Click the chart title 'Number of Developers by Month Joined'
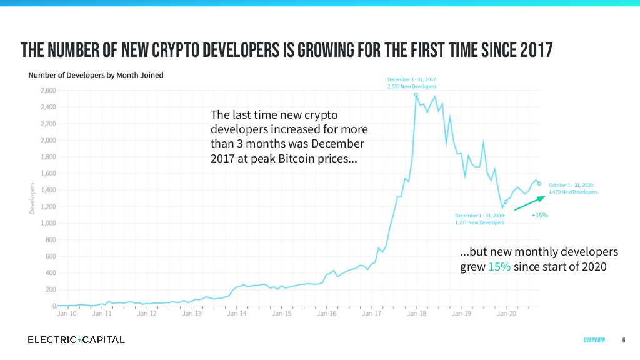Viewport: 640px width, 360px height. [96, 75]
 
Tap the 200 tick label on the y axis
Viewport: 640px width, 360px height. [50, 290]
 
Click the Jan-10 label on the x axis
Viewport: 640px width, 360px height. [67, 314]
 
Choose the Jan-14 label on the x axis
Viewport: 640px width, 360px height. [237, 314]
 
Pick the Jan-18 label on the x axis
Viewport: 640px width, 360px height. [416, 314]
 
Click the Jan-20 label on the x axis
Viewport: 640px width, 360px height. [506, 314]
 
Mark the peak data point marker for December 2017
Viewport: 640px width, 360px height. [416, 94]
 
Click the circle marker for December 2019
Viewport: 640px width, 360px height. [506, 202]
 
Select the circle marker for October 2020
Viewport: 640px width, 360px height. [539, 184]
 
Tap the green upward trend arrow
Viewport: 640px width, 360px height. [531, 203]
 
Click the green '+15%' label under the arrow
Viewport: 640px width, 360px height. [539, 216]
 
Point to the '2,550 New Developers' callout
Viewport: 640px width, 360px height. [412, 86]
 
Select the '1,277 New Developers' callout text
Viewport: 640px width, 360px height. [479, 222]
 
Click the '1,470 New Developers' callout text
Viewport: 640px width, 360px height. [573, 192]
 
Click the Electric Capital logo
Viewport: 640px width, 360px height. [76, 340]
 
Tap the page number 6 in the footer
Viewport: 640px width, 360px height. [624, 341]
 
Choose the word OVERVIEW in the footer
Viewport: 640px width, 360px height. [594, 341]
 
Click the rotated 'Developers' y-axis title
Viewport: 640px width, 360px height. [32, 198]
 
